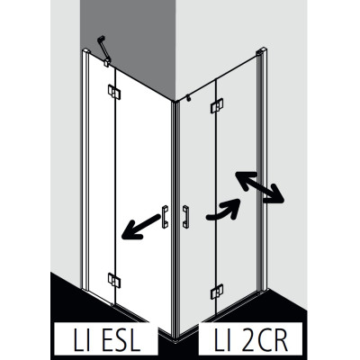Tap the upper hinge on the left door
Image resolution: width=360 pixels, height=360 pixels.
(114, 92)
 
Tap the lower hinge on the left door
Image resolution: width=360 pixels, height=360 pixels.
(114, 281)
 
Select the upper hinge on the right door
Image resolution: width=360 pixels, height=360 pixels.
(217, 106)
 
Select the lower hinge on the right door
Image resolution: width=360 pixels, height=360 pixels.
(217, 292)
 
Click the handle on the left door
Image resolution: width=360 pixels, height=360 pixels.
(165, 217)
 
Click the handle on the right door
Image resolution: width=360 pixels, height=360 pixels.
(185, 217)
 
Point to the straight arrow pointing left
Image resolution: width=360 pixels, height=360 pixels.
(141, 226)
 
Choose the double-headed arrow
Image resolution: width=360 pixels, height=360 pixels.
(260, 187)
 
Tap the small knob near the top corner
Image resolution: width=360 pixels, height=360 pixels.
(188, 98)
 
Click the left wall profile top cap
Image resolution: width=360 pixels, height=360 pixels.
(85, 49)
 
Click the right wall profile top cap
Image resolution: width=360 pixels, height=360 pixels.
(261, 50)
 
